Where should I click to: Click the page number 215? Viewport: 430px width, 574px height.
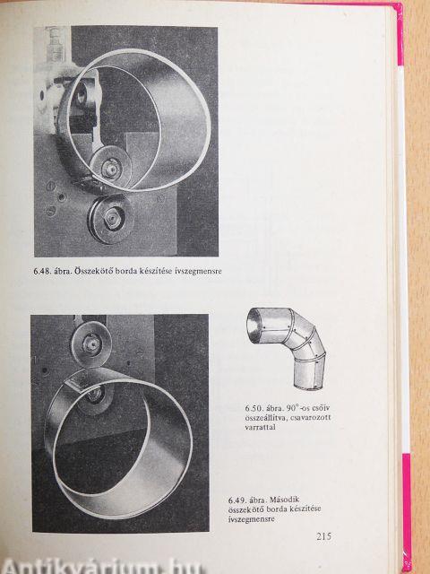pos(324,536)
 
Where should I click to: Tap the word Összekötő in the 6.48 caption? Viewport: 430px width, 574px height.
pos(93,271)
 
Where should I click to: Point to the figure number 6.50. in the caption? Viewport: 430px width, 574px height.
pos(254,409)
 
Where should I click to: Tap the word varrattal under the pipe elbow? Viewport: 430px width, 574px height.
pos(260,427)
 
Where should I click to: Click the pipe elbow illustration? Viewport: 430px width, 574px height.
pos(286,348)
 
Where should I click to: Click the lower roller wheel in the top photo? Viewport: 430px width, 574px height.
pos(110,218)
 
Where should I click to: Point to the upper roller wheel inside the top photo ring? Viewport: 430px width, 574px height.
pos(110,168)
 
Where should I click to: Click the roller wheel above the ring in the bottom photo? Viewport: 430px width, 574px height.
pos(91,344)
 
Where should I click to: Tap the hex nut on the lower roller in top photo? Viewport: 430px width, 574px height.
pos(111,219)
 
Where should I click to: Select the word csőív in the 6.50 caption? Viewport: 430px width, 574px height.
pos(322,409)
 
